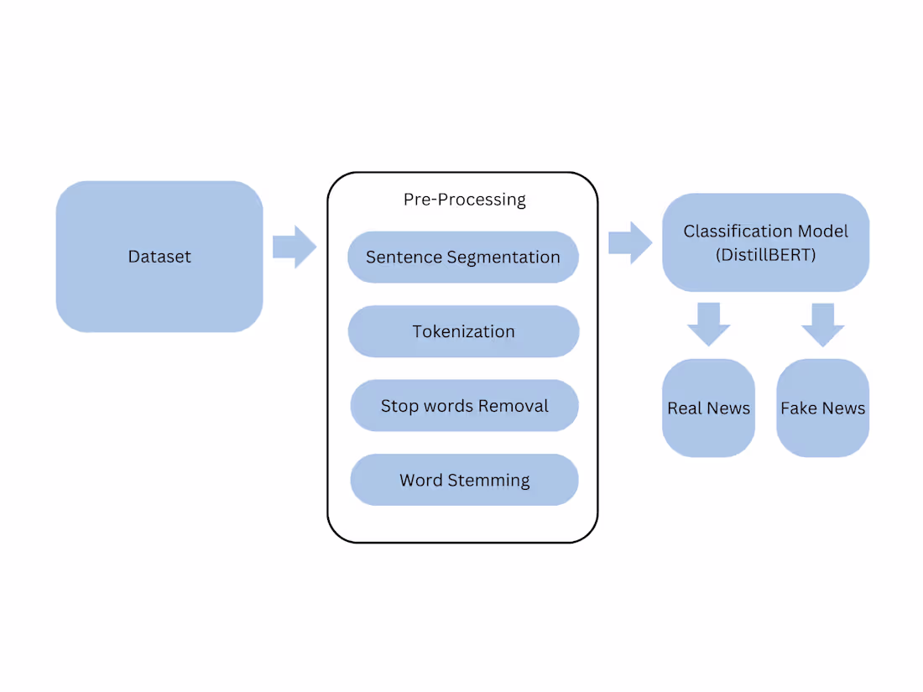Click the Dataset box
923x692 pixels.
[159, 257]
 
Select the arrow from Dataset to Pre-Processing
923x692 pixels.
[294, 247]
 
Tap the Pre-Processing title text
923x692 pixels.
[464, 200]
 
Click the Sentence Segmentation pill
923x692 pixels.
[463, 257]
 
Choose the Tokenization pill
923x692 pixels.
[463, 331]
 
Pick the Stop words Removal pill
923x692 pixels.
[464, 406]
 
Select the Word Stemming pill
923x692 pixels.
[464, 480]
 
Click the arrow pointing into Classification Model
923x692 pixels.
[629, 242]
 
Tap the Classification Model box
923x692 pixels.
[765, 242]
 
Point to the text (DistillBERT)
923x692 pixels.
[765, 255]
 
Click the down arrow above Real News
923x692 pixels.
[708, 324]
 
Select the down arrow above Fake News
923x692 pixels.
[822, 324]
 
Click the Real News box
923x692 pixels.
[708, 408]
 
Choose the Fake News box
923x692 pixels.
[822, 408]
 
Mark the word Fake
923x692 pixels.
[798, 408]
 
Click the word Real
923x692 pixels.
[684, 408]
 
